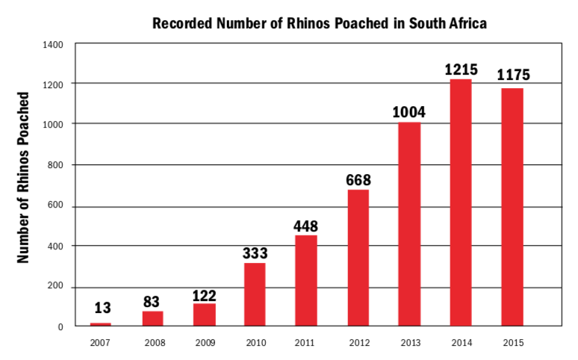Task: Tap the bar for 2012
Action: coord(358,258)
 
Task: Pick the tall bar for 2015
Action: coord(512,207)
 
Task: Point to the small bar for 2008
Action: coord(152,319)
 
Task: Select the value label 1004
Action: coord(408,112)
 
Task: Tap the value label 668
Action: coord(358,180)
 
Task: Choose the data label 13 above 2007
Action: coord(102,308)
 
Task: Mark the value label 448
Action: coord(305,226)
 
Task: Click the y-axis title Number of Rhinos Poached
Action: coord(23,178)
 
